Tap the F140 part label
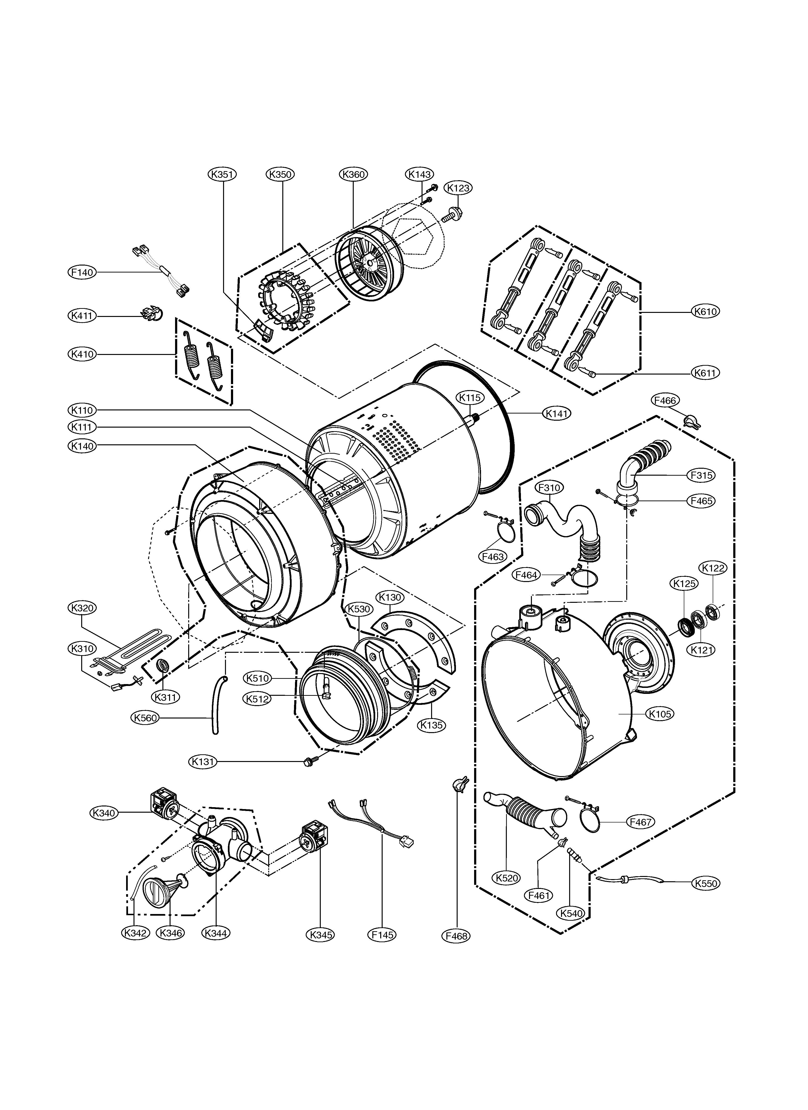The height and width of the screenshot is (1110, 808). (x=82, y=272)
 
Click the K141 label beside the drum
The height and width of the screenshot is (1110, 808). (x=557, y=414)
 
